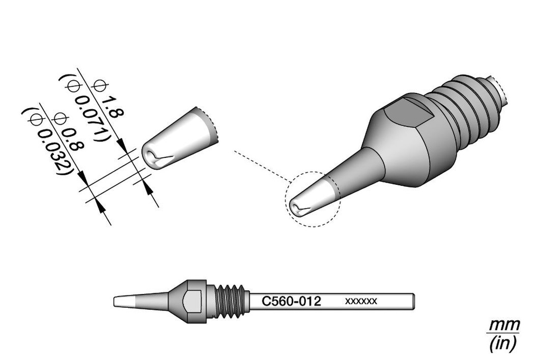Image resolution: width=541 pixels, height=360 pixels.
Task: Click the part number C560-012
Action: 292,301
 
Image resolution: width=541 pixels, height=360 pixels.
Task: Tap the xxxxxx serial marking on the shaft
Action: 361,301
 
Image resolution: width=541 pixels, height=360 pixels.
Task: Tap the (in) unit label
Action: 503,343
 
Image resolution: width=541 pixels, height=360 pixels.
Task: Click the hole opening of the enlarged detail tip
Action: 150,156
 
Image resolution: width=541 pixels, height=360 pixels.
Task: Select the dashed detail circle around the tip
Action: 285,200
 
